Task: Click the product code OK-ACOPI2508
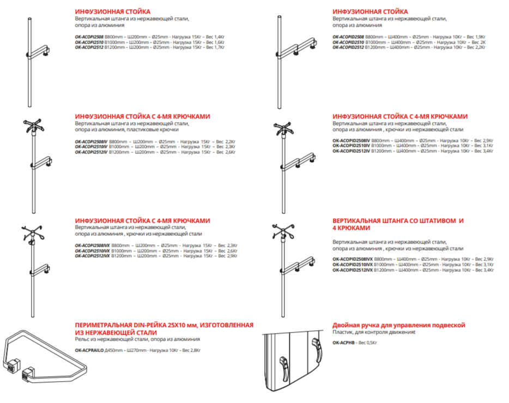89,37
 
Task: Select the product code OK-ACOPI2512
89,48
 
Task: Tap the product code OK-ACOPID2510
348,42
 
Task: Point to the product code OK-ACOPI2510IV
92,147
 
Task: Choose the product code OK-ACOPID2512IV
352,151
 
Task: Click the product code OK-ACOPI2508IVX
93,246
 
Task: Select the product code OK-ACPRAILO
89,350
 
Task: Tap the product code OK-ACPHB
342,342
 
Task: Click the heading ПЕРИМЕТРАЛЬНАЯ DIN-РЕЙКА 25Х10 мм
163,325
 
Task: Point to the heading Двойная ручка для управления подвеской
399,325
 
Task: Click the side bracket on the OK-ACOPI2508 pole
40,53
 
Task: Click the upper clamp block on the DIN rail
14,362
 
